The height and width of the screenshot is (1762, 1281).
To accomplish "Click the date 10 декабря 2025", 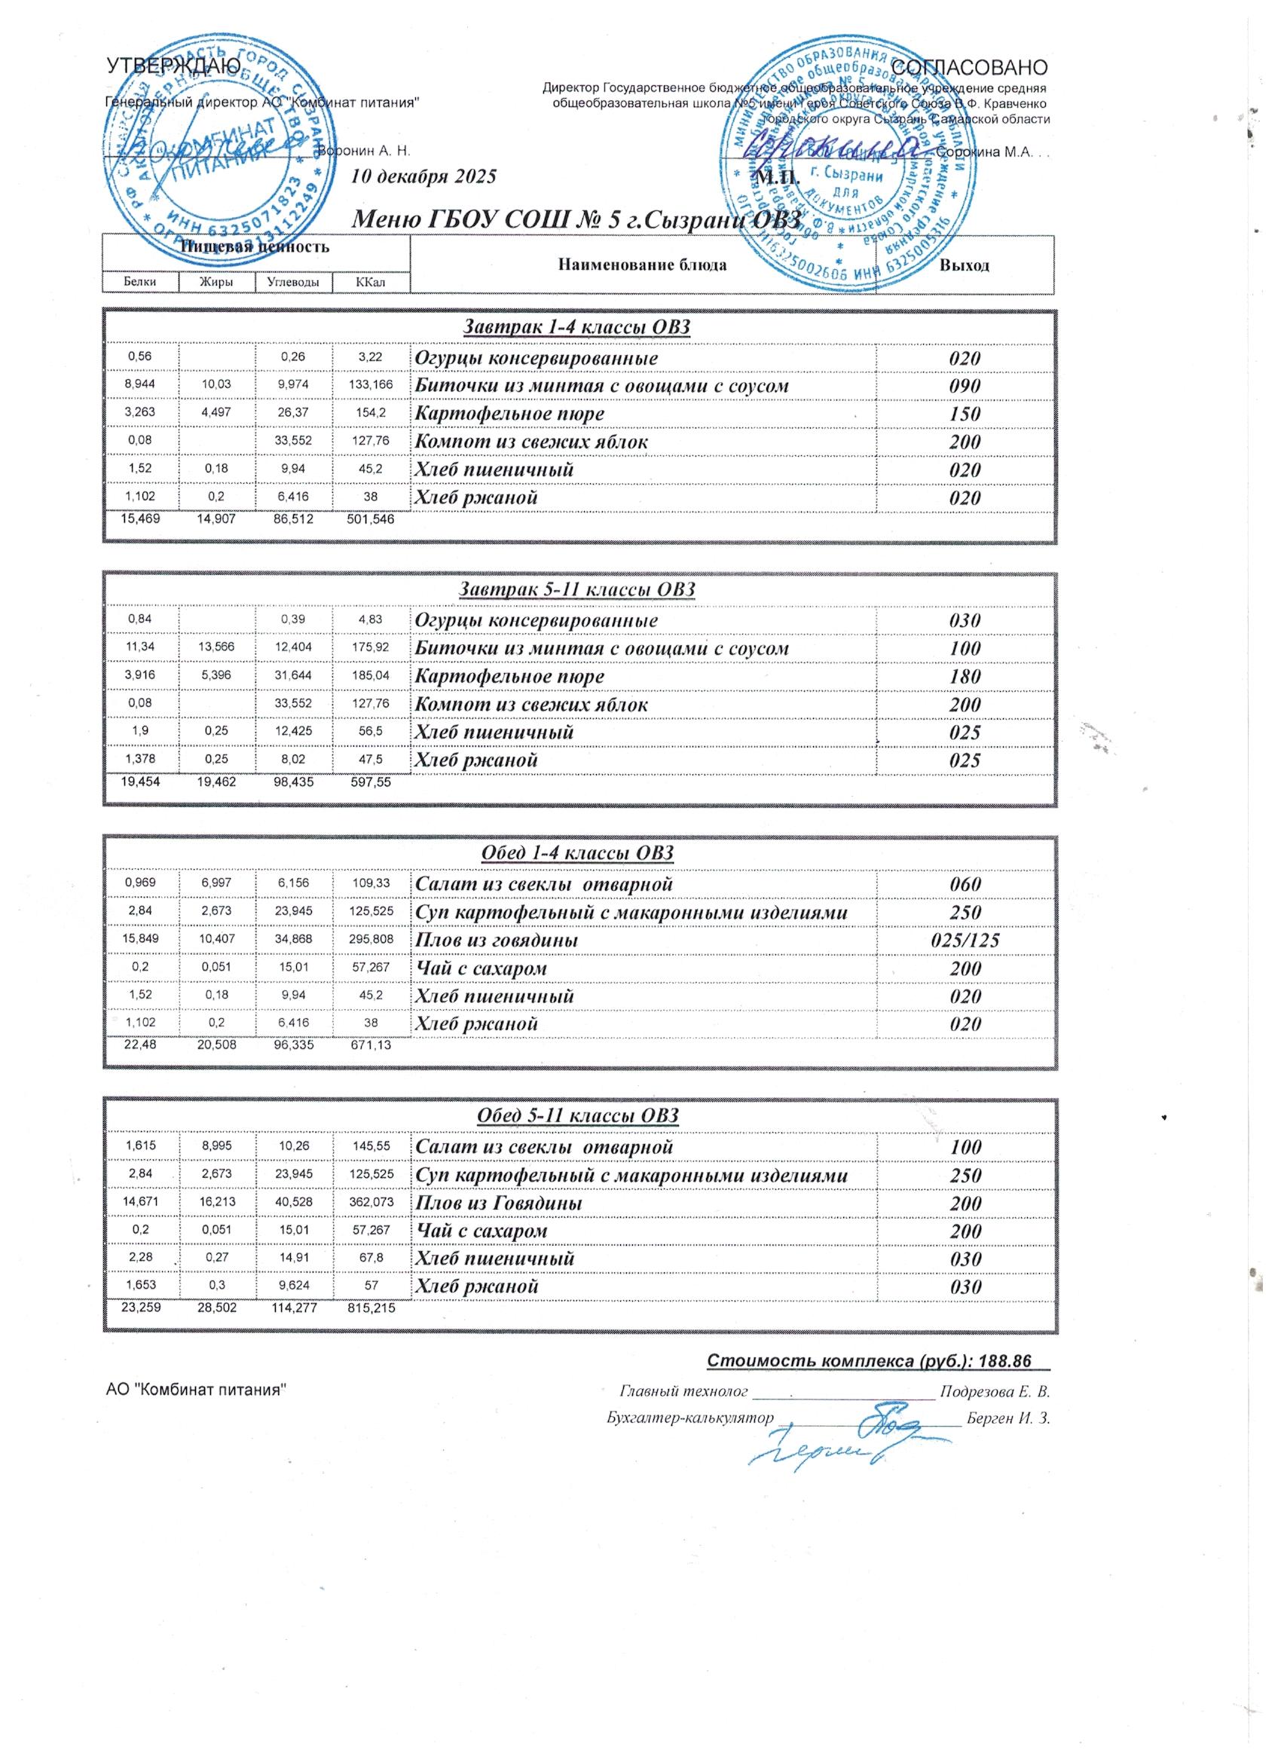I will pyautogui.click(x=423, y=176).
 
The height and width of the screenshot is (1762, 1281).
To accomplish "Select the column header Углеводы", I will pyautogui.click(x=293, y=283).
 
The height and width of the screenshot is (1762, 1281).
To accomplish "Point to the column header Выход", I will pyautogui.click(x=965, y=265).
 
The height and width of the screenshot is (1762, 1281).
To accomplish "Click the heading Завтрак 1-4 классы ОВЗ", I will pyautogui.click(x=576, y=327).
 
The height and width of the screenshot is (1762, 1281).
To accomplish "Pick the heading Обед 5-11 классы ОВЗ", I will pyautogui.click(x=579, y=1116).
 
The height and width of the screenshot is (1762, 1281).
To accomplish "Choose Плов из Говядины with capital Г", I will pyautogui.click(x=500, y=1203).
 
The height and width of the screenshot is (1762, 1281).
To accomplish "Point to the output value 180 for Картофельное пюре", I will pyautogui.click(x=965, y=676).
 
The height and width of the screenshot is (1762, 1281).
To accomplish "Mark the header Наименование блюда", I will pyautogui.click(x=642, y=265).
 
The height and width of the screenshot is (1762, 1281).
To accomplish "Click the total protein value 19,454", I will pyautogui.click(x=141, y=782).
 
